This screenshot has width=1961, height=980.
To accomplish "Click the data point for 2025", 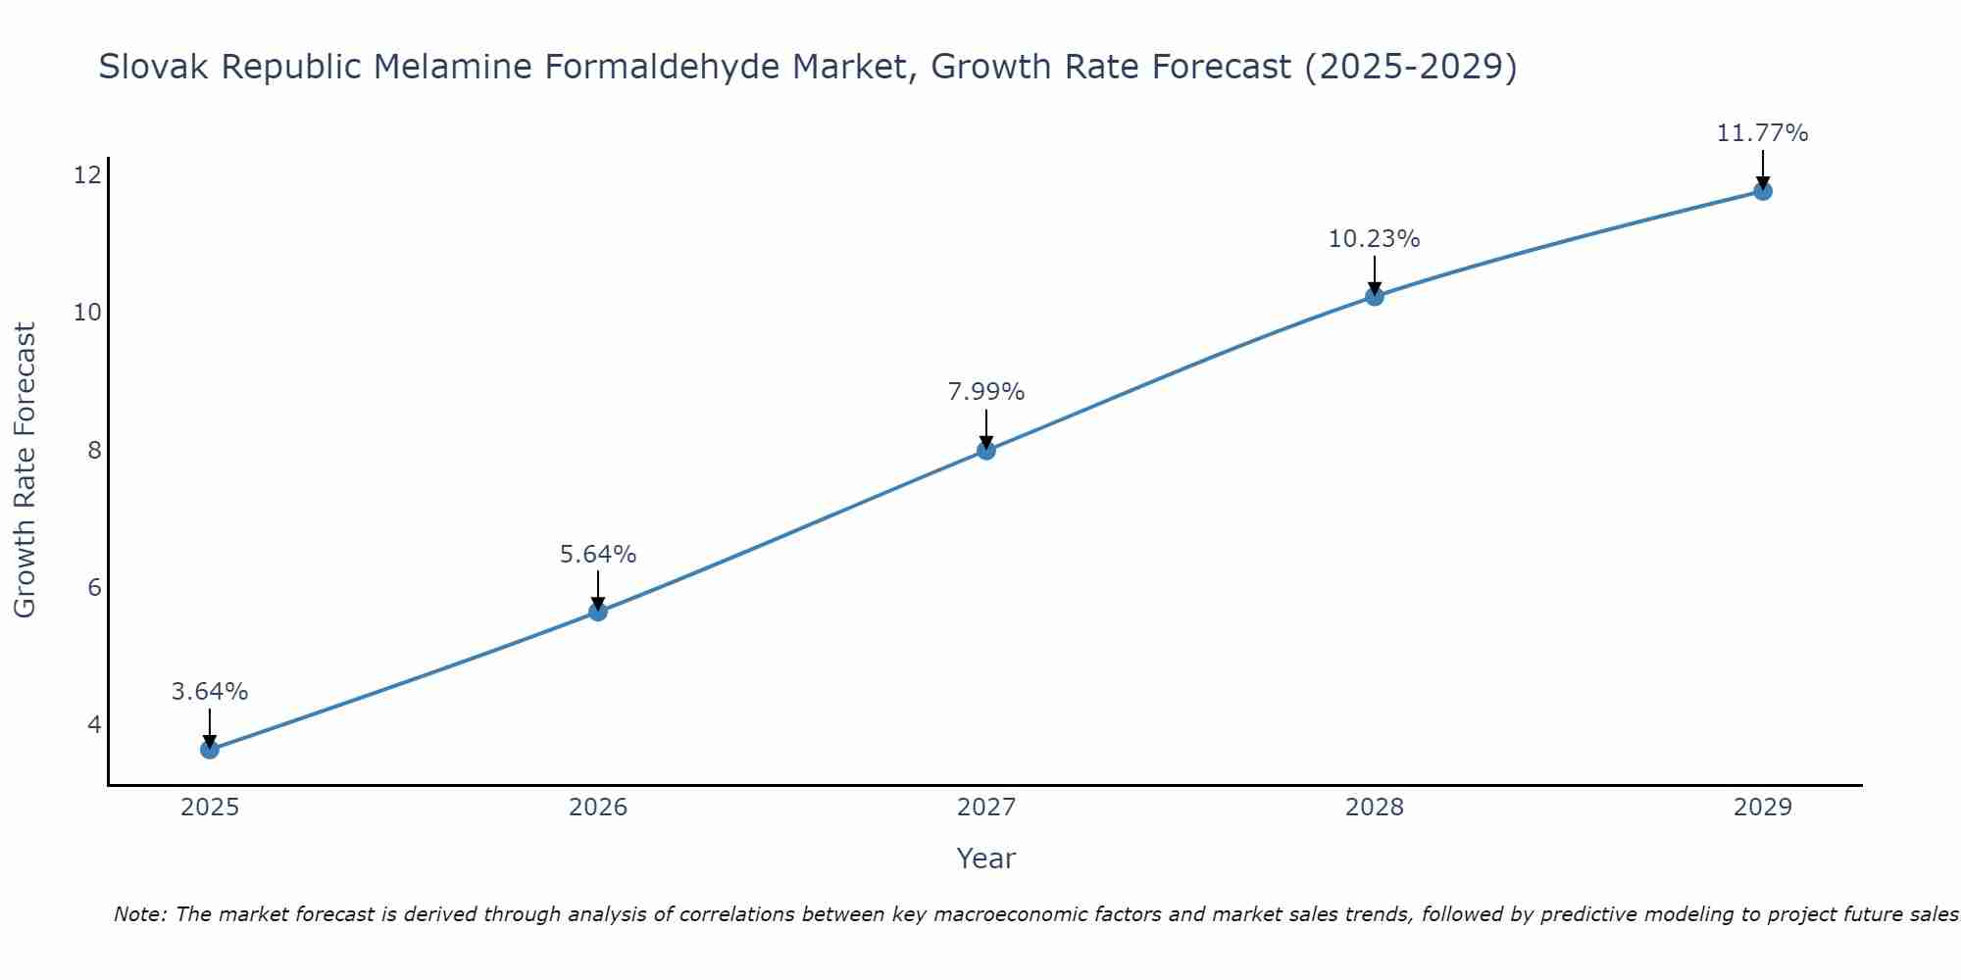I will pos(210,750).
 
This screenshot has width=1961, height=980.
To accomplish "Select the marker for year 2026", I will pos(598,612).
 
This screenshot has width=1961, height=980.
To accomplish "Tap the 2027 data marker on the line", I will pos(986,451).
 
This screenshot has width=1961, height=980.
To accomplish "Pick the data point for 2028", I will pos(1375,296).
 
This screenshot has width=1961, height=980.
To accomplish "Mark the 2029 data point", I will pos(1763,191).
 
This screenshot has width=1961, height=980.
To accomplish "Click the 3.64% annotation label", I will pos(210,692).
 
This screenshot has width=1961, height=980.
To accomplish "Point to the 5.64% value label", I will pos(598,555).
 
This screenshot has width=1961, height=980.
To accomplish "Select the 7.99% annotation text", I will pos(986,392).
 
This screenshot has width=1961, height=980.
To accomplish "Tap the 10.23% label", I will pos(1375,239).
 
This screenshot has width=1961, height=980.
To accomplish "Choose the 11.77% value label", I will pos(1763,133).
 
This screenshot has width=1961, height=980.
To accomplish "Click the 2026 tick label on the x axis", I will pos(598,808).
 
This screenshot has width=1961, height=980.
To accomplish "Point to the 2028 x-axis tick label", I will pos(1375,808).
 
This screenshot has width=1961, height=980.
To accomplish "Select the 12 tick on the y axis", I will pos(87,175).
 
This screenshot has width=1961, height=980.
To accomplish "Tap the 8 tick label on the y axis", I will pos(94,450).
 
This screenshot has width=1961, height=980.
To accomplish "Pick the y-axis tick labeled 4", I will pos(94,725).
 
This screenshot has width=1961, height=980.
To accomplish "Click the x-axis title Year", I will pos(986,858).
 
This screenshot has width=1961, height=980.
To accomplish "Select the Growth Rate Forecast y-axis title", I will pos(25,470).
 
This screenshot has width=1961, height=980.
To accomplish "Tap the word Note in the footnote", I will pos(138,914).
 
